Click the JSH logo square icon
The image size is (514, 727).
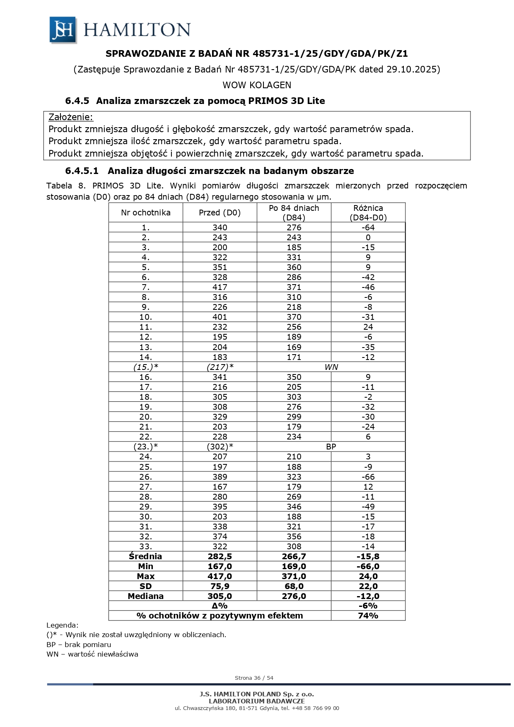(63, 30)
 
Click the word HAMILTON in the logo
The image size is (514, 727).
(137, 30)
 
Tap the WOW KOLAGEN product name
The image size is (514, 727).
(257, 85)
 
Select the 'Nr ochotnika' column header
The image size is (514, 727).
(146, 213)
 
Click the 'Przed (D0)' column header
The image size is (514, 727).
(220, 213)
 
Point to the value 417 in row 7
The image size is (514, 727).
(220, 287)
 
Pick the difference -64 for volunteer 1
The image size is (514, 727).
(368, 227)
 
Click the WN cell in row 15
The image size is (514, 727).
(331, 367)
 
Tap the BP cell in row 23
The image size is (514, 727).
(331, 447)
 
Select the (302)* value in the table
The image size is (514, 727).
(220, 447)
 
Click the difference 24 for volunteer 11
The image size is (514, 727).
(368, 327)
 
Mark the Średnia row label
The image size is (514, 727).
(145, 556)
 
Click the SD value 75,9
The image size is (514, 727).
(220, 586)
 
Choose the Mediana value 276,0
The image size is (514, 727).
(294, 596)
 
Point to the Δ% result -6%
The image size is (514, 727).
(368, 606)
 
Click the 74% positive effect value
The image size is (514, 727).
(368, 616)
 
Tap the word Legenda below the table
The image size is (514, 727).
(62, 625)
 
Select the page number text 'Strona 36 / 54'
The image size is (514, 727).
(254, 678)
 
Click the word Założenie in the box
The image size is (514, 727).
(71, 117)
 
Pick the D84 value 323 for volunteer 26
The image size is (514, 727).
(294, 477)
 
